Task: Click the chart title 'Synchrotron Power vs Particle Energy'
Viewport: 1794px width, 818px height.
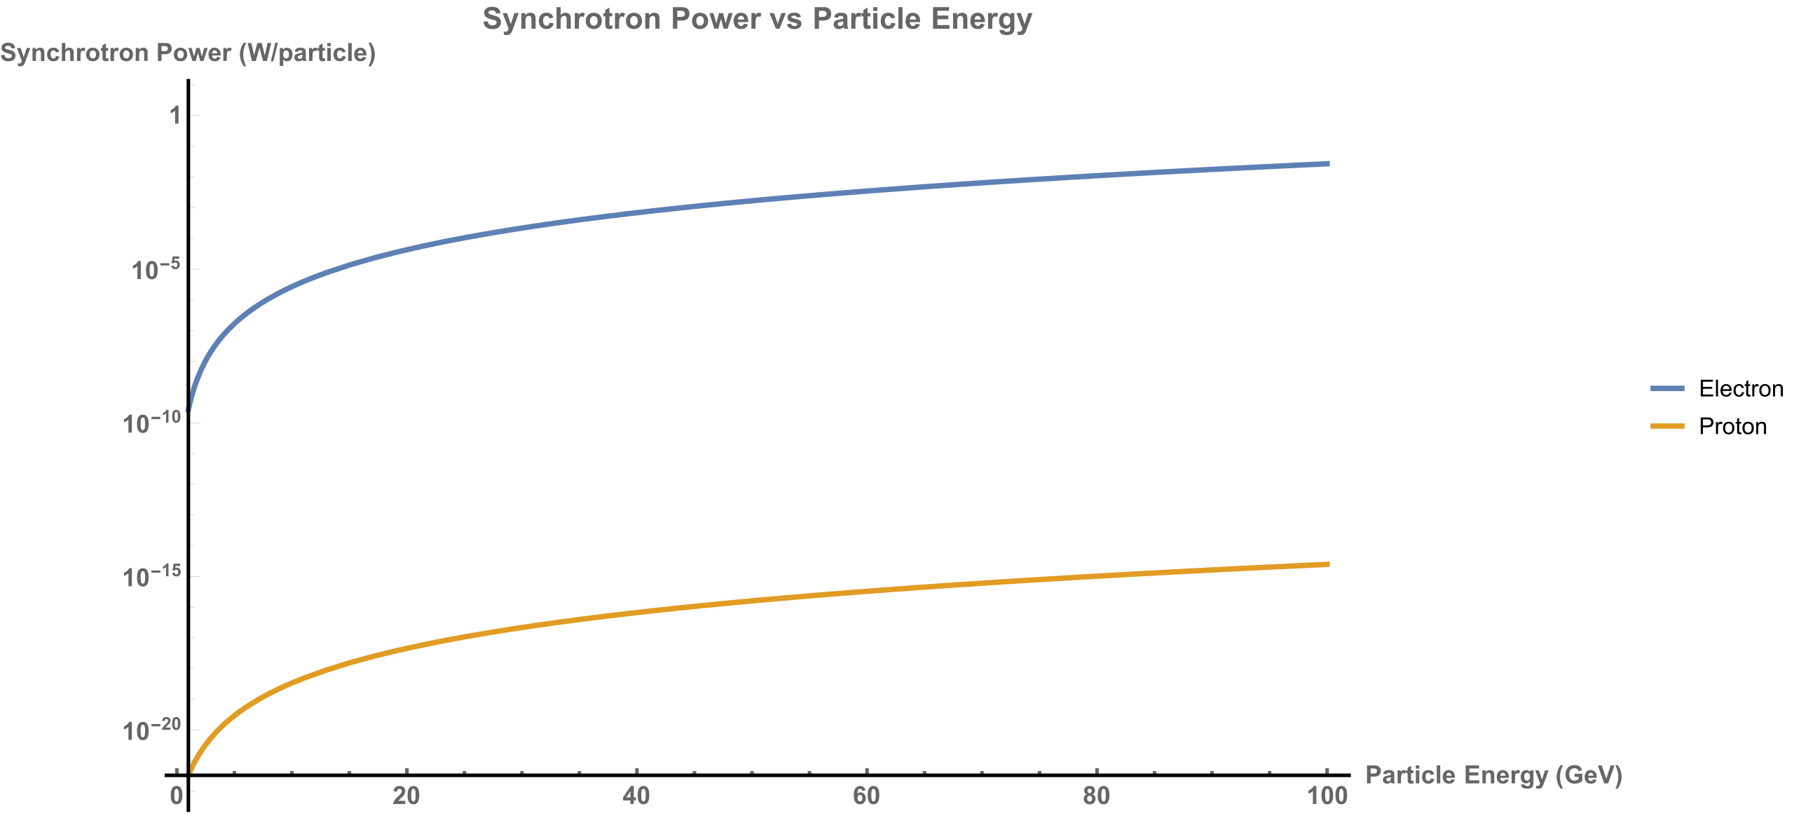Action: pyautogui.click(x=757, y=19)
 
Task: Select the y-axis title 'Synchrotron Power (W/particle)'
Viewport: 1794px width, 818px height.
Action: pyautogui.click(x=188, y=53)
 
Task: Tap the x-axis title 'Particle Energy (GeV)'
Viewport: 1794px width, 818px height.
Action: pyautogui.click(x=1493, y=775)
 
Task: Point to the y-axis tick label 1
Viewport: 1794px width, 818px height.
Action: pyautogui.click(x=175, y=115)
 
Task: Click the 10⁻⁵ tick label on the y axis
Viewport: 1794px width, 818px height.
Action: pyautogui.click(x=156, y=270)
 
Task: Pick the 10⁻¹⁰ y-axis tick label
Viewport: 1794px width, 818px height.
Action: pyautogui.click(x=151, y=423)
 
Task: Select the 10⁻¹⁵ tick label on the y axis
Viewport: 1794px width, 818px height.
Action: pyautogui.click(x=151, y=577)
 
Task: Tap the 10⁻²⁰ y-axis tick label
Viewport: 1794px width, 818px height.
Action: pyautogui.click(x=151, y=730)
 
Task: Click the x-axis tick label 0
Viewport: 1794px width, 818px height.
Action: pyautogui.click(x=177, y=796)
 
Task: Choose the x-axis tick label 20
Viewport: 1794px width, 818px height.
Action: pyautogui.click(x=406, y=796)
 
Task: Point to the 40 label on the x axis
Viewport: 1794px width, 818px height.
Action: pyautogui.click(x=636, y=796)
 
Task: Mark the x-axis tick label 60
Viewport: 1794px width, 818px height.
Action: pyautogui.click(x=866, y=796)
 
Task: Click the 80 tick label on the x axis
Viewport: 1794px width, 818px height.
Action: pyautogui.click(x=1096, y=796)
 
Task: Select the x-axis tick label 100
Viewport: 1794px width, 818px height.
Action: pyautogui.click(x=1327, y=796)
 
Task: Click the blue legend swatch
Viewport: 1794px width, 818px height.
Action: pyautogui.click(x=1667, y=388)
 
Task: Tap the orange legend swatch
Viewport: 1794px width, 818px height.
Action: pyautogui.click(x=1667, y=426)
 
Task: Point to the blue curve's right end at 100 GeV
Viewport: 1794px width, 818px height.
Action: pyautogui.click(x=1327, y=164)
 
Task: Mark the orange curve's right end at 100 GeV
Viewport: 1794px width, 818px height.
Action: pyautogui.click(x=1327, y=564)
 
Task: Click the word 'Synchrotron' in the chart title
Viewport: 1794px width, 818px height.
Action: pyautogui.click(x=572, y=19)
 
